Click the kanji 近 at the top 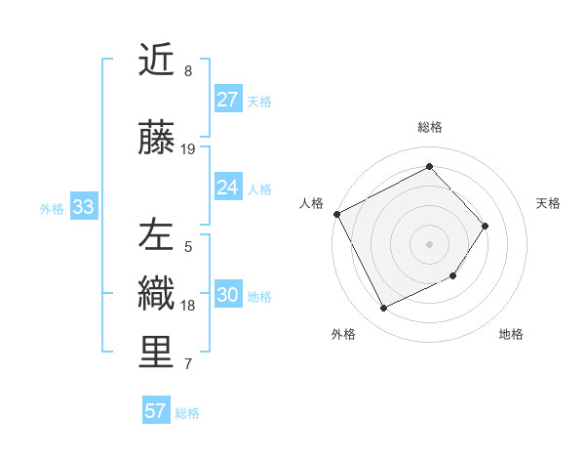coord(156,60)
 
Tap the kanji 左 coord(156,235)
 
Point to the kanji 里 coord(156,353)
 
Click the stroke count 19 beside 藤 coord(188,149)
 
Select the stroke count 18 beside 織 coord(188,306)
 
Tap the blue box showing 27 coord(228,100)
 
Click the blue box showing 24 coord(228,188)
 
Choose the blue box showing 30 coord(228,296)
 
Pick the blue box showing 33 coord(83,207)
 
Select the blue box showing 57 coord(156,411)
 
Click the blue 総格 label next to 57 coord(187,413)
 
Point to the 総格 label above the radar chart coord(430,127)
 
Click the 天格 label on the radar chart coord(548,203)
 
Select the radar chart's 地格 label coord(511,334)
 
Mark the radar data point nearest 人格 coord(337,214)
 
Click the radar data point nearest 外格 coord(383,309)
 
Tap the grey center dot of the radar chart coord(429,243)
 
